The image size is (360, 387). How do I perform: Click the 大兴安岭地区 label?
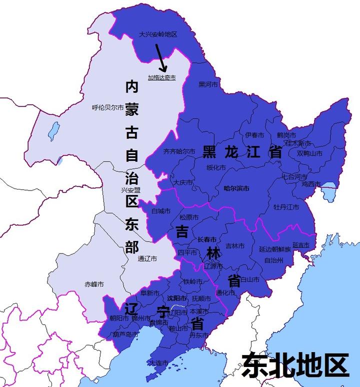tap(158, 34)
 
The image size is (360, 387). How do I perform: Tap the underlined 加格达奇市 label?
tap(161, 77)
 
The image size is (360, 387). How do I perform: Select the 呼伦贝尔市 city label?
tap(107, 107)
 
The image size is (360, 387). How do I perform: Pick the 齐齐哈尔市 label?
tap(178, 151)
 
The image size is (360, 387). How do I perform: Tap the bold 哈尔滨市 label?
tap(236, 188)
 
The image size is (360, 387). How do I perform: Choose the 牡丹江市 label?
tap(286, 206)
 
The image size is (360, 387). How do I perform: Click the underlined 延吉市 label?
tap(301, 245)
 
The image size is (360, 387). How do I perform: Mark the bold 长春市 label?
tap(207, 239)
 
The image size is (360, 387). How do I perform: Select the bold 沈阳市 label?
tap(176, 298)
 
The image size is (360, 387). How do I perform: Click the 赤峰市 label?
tap(94, 284)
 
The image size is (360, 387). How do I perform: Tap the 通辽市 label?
tap(147, 259)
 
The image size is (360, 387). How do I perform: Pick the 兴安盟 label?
tap(130, 190)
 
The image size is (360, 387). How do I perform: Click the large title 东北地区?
tap(295, 364)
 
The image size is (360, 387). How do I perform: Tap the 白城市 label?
tap(161, 211)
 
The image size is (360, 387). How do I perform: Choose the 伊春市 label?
tap(254, 135)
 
